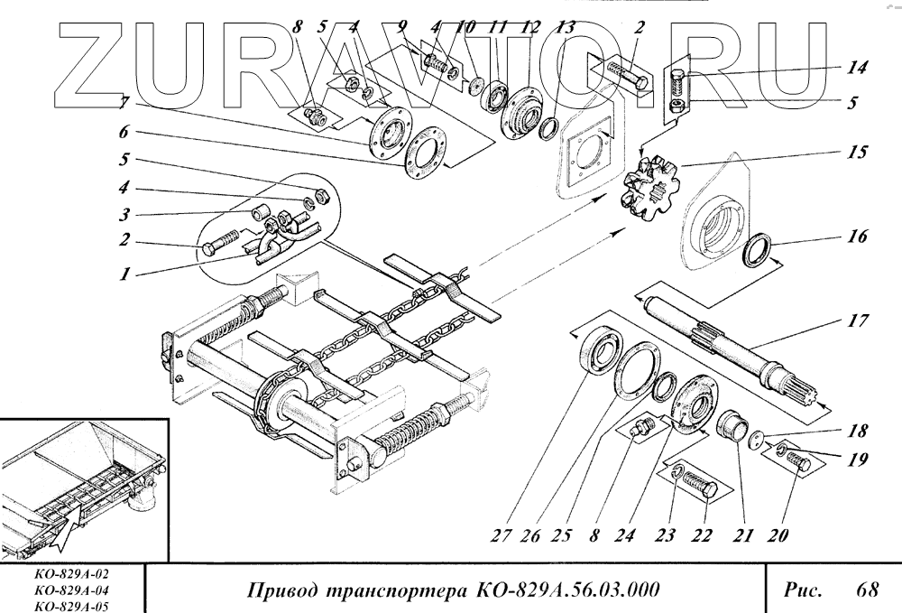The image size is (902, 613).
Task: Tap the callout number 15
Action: click(858, 152)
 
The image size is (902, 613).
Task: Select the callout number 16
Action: click(858, 237)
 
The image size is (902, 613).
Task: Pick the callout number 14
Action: click(857, 68)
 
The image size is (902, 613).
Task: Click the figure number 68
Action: click(868, 590)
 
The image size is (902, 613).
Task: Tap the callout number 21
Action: click(742, 535)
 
